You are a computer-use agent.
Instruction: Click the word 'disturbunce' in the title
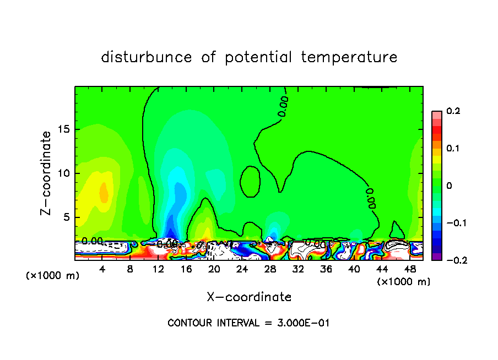coord(147,57)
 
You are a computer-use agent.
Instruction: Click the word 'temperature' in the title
coord(350,57)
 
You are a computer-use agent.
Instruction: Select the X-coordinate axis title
coord(249,297)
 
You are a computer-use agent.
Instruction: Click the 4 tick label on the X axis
coord(102,269)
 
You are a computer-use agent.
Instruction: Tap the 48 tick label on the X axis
coord(410,269)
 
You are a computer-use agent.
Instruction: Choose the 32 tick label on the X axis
coord(298,269)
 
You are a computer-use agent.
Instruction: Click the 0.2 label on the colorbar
coord(453,111)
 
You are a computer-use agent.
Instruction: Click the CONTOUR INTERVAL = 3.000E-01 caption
coord(248,323)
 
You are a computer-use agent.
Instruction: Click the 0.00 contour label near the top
coord(283,107)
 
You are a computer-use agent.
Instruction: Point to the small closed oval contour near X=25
coord(251,181)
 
